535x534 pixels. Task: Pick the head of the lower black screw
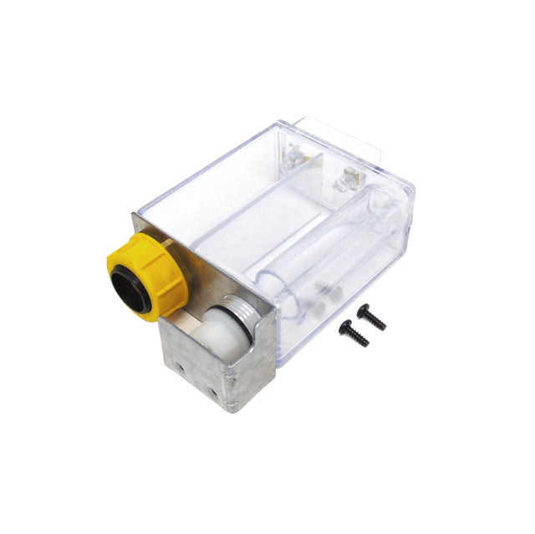[344, 329]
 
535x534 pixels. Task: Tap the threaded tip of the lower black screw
[364, 343]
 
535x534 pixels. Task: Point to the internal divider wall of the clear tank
[276, 209]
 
